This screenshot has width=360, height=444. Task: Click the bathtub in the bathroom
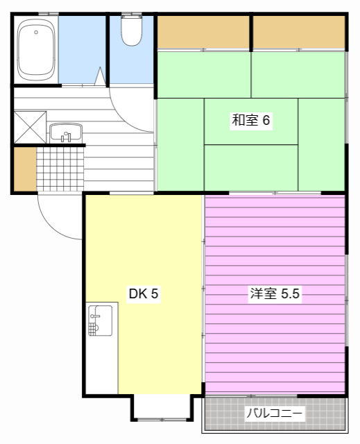click(36, 50)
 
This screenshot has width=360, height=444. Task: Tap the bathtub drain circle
click(36, 33)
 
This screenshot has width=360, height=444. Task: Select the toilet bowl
click(132, 31)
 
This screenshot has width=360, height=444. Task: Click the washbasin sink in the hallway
click(66, 133)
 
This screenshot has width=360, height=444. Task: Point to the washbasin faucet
click(66, 137)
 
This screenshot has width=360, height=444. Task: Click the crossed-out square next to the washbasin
click(30, 128)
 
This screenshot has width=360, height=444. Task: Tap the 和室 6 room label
click(251, 120)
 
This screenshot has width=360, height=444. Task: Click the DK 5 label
click(144, 293)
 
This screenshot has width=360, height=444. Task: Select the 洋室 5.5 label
click(275, 293)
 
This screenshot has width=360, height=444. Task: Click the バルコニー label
click(275, 413)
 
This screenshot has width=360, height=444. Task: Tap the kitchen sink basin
click(100, 321)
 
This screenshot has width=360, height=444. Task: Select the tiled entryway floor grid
click(60, 169)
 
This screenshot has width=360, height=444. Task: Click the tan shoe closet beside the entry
click(25, 169)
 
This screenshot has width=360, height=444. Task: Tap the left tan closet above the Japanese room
click(203, 32)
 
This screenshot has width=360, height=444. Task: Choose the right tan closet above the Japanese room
click(299, 32)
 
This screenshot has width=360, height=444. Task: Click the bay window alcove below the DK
click(162, 407)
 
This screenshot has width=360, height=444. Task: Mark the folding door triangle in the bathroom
click(100, 76)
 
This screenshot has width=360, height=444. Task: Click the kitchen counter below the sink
click(102, 366)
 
